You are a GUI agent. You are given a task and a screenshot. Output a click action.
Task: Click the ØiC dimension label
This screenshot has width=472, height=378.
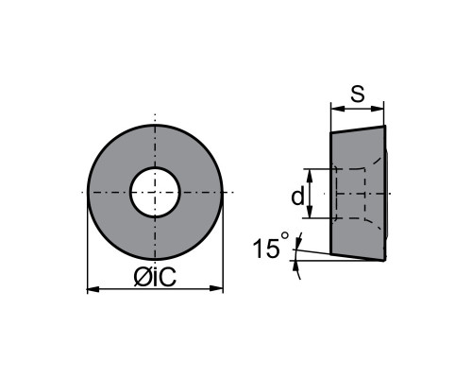pyautogui.click(x=155, y=277)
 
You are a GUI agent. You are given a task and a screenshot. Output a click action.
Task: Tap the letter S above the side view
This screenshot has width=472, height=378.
pyautogui.click(x=358, y=94)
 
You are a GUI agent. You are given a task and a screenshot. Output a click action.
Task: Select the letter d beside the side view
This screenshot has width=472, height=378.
pyautogui.click(x=297, y=196)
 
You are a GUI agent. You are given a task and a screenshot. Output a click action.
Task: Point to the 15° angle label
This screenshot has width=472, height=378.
pyautogui.click(x=271, y=245)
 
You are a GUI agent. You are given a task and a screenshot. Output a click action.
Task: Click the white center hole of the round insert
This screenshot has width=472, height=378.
pyautogui.click(x=155, y=192)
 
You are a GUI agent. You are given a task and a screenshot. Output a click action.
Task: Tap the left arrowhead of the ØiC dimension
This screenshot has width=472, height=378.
pyautogui.click(x=93, y=288)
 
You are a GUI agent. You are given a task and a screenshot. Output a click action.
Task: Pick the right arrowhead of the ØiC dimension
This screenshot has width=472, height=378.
pyautogui.click(x=216, y=288)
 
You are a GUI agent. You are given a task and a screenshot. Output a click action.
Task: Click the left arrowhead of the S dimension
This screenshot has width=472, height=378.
pyautogui.click(x=337, y=109)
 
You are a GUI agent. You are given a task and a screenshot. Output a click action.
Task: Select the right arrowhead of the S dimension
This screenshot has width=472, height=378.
pyautogui.click(x=378, y=109)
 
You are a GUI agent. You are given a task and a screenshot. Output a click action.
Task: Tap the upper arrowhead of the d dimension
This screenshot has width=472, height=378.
pyautogui.click(x=310, y=175)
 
